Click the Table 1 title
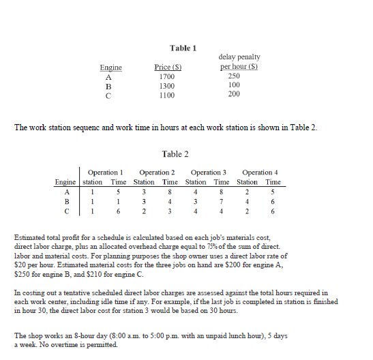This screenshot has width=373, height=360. coord(183,48)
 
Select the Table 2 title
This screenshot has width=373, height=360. coord(176,154)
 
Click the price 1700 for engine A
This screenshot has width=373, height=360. coord(165,77)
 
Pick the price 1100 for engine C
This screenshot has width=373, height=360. coord(165,95)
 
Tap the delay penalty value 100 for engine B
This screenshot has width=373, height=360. coord(234,86)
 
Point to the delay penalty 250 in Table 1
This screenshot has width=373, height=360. coord(234,77)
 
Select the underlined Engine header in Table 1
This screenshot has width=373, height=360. coord(110,67)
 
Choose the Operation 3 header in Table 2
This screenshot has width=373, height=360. coord(209,173)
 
